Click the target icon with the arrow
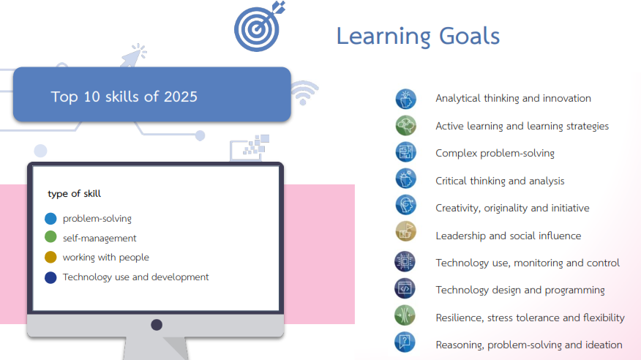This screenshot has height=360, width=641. point(258,28)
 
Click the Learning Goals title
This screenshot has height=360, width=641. point(418,36)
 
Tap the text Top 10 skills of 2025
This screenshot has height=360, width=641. point(124,97)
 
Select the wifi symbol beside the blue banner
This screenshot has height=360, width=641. point(304,92)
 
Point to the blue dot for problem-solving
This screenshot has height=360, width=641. point(50,219)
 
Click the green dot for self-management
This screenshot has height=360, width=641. point(50,237)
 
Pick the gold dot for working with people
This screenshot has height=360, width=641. point(50,257)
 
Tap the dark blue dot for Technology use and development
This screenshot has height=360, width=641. point(50,277)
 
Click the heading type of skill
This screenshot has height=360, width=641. point(74,194)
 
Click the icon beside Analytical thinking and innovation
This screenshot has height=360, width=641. point(405,99)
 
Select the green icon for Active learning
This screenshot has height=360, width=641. point(405,125)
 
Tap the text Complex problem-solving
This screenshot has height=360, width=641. point(495,153)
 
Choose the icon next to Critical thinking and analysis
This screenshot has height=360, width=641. point(405,179)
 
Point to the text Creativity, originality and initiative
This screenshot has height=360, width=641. point(512,208)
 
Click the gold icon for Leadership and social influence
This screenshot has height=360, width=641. point(405,231)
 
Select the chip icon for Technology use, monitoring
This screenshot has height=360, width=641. point(405,261)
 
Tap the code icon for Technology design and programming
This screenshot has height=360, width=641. point(405,288)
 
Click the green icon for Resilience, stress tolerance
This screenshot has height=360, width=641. point(405,315)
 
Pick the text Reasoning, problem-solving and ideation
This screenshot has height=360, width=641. point(529,345)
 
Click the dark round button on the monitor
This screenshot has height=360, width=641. point(157,325)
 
